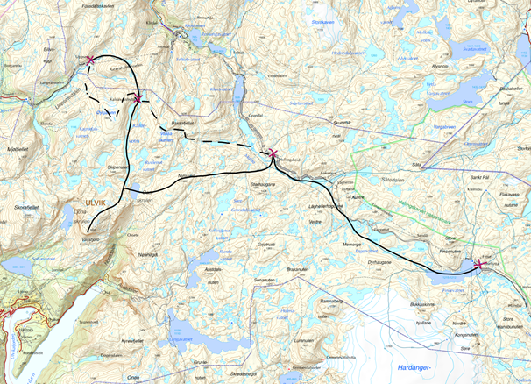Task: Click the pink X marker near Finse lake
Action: coord(478,264)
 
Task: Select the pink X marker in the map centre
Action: coord(273,153)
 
